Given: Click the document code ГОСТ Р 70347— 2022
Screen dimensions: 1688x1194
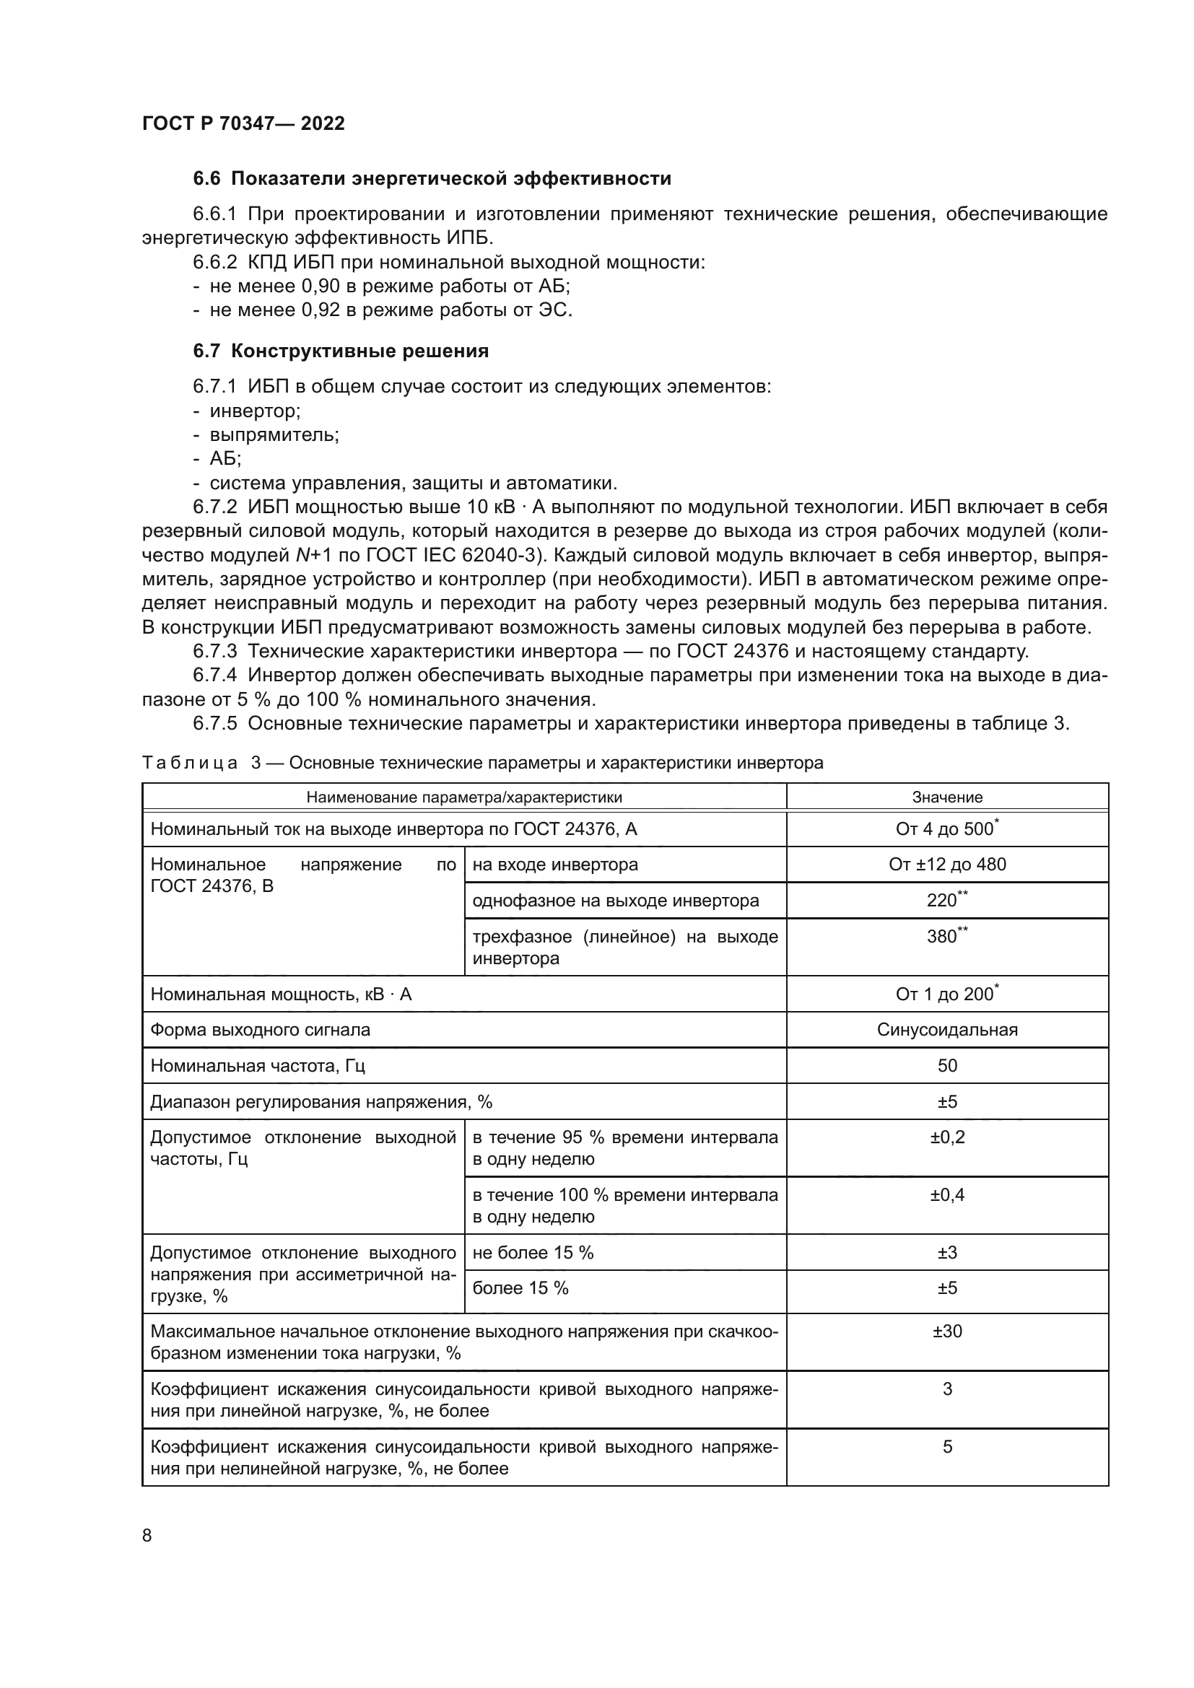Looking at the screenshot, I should coord(243,123).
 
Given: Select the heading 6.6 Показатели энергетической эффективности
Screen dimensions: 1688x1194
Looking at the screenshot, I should coord(432,179).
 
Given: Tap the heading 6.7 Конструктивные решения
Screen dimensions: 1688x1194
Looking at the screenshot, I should coord(341,351).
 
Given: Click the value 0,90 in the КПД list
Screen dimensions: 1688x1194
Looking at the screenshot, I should coord(321,286).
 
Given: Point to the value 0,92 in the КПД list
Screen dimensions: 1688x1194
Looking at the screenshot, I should coord(321,310).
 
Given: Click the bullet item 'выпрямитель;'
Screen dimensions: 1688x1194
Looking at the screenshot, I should coord(274,434).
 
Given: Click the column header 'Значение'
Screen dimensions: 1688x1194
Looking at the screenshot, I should coord(947,797).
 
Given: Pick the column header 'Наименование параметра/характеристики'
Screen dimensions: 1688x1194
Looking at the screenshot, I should coord(464,797).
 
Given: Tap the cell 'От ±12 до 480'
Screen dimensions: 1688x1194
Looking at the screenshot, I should coord(947,865).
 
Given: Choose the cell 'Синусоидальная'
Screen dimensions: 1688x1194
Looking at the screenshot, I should coord(947,1030).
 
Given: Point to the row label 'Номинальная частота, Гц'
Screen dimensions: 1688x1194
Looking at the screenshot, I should coord(257,1066).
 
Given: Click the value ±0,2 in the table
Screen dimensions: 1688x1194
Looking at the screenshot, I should coord(947,1137).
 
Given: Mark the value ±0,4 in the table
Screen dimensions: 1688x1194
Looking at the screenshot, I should coord(947,1194).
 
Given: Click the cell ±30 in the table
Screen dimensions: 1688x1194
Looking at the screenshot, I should coord(947,1331).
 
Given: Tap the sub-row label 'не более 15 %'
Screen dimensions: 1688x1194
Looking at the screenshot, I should coord(533,1253).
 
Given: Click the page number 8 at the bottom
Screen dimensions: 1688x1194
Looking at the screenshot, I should coord(147,1535).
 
